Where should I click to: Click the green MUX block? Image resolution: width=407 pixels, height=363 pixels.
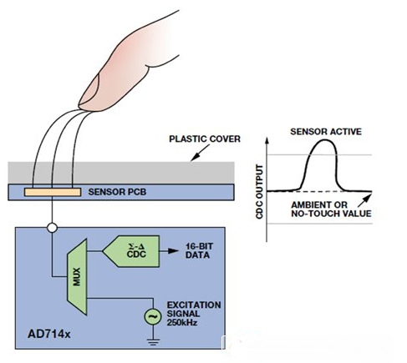[77, 277]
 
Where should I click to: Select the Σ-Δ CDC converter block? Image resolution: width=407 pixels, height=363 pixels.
[131, 251]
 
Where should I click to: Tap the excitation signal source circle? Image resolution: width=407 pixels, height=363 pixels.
[153, 316]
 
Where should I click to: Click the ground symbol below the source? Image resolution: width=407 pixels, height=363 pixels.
[153, 342]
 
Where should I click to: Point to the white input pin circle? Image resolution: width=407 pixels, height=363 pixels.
[52, 228]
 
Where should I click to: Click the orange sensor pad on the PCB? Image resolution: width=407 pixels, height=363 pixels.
[53, 192]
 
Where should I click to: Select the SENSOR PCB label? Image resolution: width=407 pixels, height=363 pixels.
[117, 192]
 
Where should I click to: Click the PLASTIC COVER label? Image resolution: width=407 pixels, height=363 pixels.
[205, 139]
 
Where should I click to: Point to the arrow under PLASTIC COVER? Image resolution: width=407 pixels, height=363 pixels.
[200, 153]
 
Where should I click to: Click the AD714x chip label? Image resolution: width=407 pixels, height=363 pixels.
[49, 334]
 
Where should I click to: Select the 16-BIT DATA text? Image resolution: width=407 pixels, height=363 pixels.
[199, 250]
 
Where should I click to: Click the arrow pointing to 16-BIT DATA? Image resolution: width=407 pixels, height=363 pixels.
[169, 251]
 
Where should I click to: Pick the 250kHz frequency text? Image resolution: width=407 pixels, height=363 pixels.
[182, 323]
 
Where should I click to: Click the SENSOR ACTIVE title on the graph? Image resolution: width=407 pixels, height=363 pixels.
[326, 131]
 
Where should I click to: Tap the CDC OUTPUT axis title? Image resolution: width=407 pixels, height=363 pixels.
[259, 192]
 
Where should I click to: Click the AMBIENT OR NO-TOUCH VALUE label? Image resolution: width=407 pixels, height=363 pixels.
[331, 209]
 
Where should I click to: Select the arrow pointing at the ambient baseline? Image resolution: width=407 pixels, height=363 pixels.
[364, 200]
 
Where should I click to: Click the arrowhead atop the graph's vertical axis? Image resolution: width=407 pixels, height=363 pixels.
[267, 139]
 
